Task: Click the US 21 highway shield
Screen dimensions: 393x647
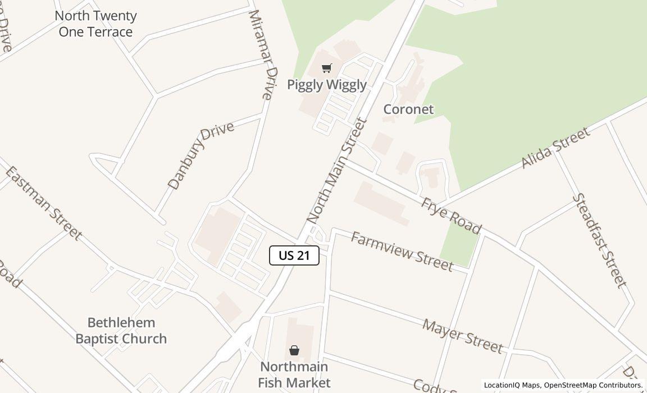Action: (x=294, y=255)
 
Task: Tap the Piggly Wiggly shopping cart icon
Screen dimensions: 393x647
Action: (x=326, y=68)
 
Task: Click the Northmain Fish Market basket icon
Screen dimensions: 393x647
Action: (x=294, y=351)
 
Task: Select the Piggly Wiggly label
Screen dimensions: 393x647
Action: (x=326, y=85)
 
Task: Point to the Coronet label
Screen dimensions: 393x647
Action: (x=408, y=109)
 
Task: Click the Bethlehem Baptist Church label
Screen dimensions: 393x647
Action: (x=121, y=331)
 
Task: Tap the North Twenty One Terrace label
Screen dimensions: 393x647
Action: (x=95, y=24)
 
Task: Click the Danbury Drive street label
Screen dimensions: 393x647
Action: (x=201, y=155)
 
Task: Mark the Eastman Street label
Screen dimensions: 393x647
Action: (x=43, y=203)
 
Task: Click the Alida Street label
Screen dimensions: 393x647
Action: (x=555, y=148)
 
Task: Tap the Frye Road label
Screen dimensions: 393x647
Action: (x=451, y=215)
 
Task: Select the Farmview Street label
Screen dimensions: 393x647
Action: (x=402, y=251)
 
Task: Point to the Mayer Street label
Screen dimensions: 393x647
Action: (x=462, y=336)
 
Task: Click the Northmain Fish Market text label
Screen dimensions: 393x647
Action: (x=294, y=374)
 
